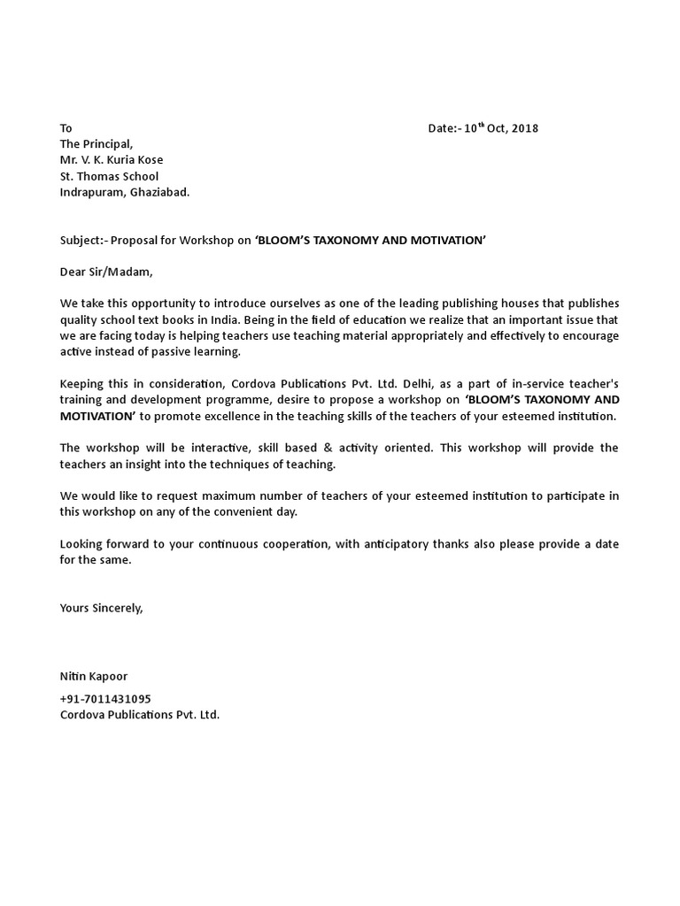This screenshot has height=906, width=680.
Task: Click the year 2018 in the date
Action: [x=524, y=128]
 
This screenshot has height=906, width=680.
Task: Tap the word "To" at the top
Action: [x=66, y=128]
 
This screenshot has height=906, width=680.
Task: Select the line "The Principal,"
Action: [x=96, y=144]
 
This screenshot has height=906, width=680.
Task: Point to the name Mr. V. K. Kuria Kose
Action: [x=112, y=160]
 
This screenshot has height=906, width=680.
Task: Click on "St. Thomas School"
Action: [x=109, y=176]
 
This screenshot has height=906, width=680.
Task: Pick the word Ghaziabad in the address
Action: [x=160, y=192]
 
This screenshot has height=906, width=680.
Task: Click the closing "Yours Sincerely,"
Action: [x=101, y=608]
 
